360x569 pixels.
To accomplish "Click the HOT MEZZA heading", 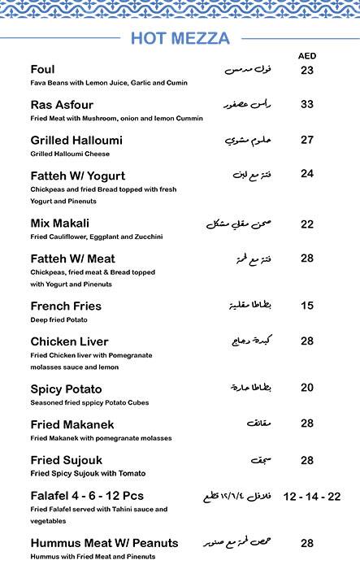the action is pos(180,38).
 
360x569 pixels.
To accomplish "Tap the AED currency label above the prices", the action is pos(307,55).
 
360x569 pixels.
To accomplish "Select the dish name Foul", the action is pos(43,69).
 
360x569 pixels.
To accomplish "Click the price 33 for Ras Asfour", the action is pos(307,104).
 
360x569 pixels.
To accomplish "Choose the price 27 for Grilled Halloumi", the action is pos(307,140).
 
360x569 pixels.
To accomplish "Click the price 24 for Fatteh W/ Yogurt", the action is pos(307,174).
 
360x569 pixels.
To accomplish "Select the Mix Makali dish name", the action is pos(59,223).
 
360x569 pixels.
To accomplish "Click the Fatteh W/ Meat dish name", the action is pos(72,258).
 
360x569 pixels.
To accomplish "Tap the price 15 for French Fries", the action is pos(307,306).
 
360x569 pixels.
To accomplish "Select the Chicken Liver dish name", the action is pos(69,341).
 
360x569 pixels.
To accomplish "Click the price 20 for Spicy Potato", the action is pos(307,388).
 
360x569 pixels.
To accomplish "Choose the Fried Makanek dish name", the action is pos(72,424).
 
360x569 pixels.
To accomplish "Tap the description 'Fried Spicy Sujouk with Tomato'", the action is pos(88,474).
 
